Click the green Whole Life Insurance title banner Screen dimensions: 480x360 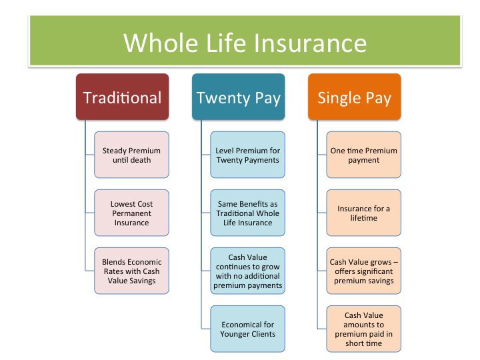pos(245,41)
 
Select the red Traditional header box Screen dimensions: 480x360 pos(123,97)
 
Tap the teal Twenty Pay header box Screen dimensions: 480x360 pos(239,97)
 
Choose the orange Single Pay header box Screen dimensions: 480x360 pos(355,97)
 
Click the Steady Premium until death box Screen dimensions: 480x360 pos(131,155)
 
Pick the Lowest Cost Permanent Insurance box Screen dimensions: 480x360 pos(131,213)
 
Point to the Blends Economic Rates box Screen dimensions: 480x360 pos(131,271)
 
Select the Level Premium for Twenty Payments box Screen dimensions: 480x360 pos(247,155)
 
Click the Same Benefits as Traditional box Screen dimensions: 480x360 pos(247,213)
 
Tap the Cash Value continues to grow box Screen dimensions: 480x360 pos(247,271)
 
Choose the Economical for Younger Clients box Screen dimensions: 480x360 pos(247,329)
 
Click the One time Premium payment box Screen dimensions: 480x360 pos(364,155)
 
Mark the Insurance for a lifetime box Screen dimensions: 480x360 pos(364,213)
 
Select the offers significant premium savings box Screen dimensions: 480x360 pos(364,271)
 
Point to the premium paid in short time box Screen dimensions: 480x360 pos(364,329)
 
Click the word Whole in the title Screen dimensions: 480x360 pos(161,43)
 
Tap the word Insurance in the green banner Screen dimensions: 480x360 pos(311,43)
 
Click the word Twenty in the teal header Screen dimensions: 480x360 pos(223,99)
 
